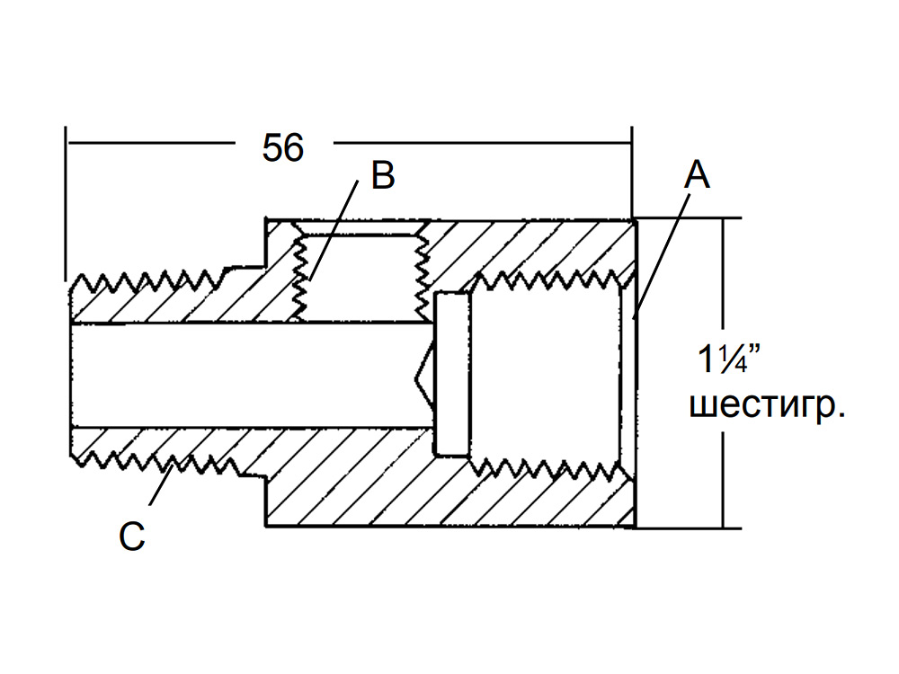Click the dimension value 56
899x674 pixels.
(x=282, y=148)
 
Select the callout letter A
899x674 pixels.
(x=697, y=174)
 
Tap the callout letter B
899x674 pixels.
(x=383, y=175)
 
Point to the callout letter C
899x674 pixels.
(x=132, y=537)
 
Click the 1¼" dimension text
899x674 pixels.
(x=729, y=359)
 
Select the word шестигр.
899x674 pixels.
(x=767, y=405)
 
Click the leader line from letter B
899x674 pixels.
(x=334, y=230)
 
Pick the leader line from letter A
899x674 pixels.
(x=662, y=255)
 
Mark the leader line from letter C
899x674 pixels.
(x=161, y=485)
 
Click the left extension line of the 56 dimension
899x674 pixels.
(x=66, y=203)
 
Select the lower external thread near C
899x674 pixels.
(x=156, y=462)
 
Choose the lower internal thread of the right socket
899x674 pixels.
(x=550, y=468)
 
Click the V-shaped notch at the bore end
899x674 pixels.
(x=424, y=378)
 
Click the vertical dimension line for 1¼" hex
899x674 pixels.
(x=724, y=373)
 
